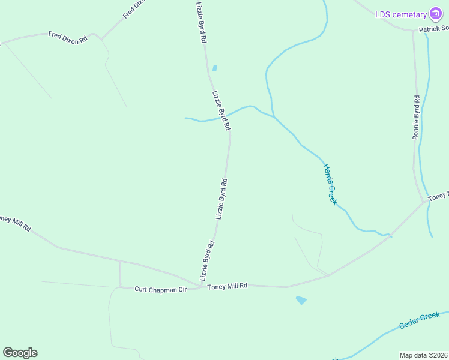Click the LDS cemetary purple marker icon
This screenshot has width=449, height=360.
(x=436, y=14)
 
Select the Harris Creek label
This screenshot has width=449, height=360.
(x=330, y=184)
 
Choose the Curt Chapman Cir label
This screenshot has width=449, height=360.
(x=160, y=289)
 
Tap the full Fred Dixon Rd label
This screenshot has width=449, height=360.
(x=68, y=37)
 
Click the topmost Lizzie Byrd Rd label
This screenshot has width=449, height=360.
(x=202, y=22)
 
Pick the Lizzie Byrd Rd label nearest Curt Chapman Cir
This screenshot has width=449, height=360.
(x=208, y=261)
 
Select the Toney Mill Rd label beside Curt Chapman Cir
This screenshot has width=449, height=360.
(x=228, y=286)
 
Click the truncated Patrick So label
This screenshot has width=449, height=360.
(x=434, y=28)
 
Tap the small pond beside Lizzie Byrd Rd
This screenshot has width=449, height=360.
(x=215, y=68)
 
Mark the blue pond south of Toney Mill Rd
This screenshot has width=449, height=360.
(x=301, y=300)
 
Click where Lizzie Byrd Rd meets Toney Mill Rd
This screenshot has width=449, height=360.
(x=200, y=286)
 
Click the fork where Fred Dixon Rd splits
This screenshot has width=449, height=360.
(x=101, y=39)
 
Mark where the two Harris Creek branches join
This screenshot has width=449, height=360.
(x=274, y=116)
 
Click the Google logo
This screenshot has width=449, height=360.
(x=20, y=353)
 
